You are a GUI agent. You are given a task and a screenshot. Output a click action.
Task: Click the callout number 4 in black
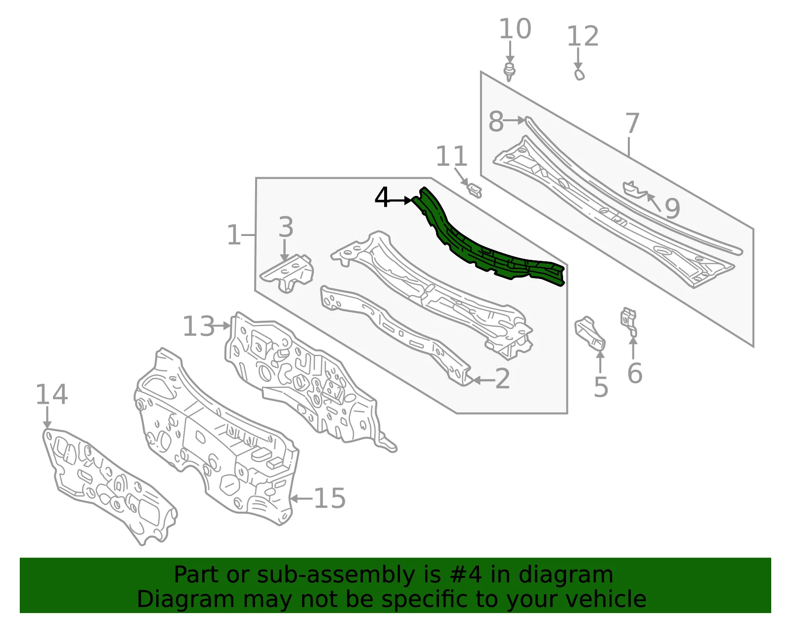pyautogui.click(x=382, y=197)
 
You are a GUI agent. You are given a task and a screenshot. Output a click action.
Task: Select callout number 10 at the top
pyautogui.click(x=515, y=29)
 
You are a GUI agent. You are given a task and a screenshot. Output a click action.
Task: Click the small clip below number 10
pyautogui.click(x=510, y=72)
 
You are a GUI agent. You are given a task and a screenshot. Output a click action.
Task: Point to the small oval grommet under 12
pyautogui.click(x=579, y=75)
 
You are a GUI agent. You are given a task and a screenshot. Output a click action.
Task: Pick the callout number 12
pyautogui.click(x=583, y=36)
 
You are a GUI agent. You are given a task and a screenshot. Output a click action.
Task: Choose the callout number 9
pyautogui.click(x=672, y=208)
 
